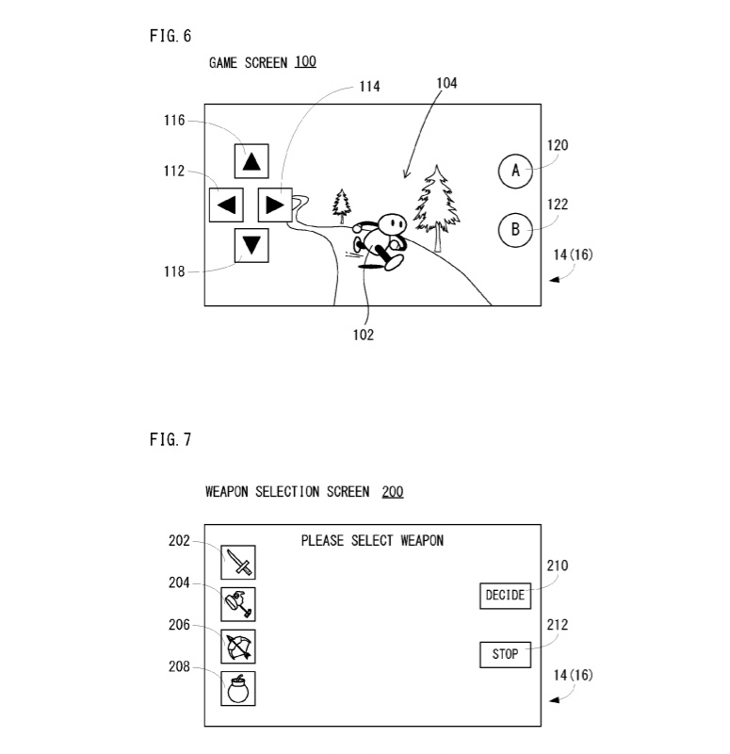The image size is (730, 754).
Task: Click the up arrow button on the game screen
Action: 251,161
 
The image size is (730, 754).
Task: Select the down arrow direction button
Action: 251,245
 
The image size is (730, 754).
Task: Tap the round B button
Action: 515,230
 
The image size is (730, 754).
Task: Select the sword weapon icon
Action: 239,562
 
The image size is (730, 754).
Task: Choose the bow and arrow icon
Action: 239,647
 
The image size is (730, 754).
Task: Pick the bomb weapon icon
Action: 239,688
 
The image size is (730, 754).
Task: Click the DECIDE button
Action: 505,596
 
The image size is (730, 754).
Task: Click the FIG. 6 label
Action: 170,36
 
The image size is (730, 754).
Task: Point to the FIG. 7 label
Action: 170,441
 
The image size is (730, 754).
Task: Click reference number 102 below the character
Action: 363,335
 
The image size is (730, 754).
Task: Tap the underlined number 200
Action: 393,492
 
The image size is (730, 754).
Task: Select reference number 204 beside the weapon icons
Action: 179,583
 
